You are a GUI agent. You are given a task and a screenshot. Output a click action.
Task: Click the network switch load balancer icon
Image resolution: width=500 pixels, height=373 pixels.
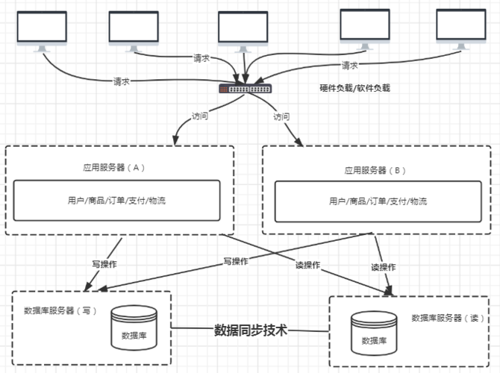click(244, 88)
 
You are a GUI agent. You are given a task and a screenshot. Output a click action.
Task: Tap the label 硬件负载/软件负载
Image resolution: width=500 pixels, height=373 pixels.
click(354, 88)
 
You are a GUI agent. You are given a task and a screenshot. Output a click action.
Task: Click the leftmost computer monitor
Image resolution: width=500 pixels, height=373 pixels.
click(40, 28)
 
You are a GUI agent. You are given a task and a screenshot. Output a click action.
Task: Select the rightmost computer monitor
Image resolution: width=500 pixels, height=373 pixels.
click(459, 28)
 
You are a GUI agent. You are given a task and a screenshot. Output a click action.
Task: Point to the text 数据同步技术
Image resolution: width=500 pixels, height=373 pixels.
click(251, 330)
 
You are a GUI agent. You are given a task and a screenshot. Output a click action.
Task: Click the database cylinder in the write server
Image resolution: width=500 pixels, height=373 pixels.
click(134, 328)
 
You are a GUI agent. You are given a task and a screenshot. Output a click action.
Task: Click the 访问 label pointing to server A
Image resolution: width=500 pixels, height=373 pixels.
click(201, 116)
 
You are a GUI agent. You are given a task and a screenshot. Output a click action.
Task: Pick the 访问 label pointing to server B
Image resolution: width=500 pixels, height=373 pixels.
click(281, 117)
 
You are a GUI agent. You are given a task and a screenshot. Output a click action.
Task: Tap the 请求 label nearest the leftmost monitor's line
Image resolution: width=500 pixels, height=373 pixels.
click(122, 81)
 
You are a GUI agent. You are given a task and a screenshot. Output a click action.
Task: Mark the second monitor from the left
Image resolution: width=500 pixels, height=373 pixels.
click(134, 28)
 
